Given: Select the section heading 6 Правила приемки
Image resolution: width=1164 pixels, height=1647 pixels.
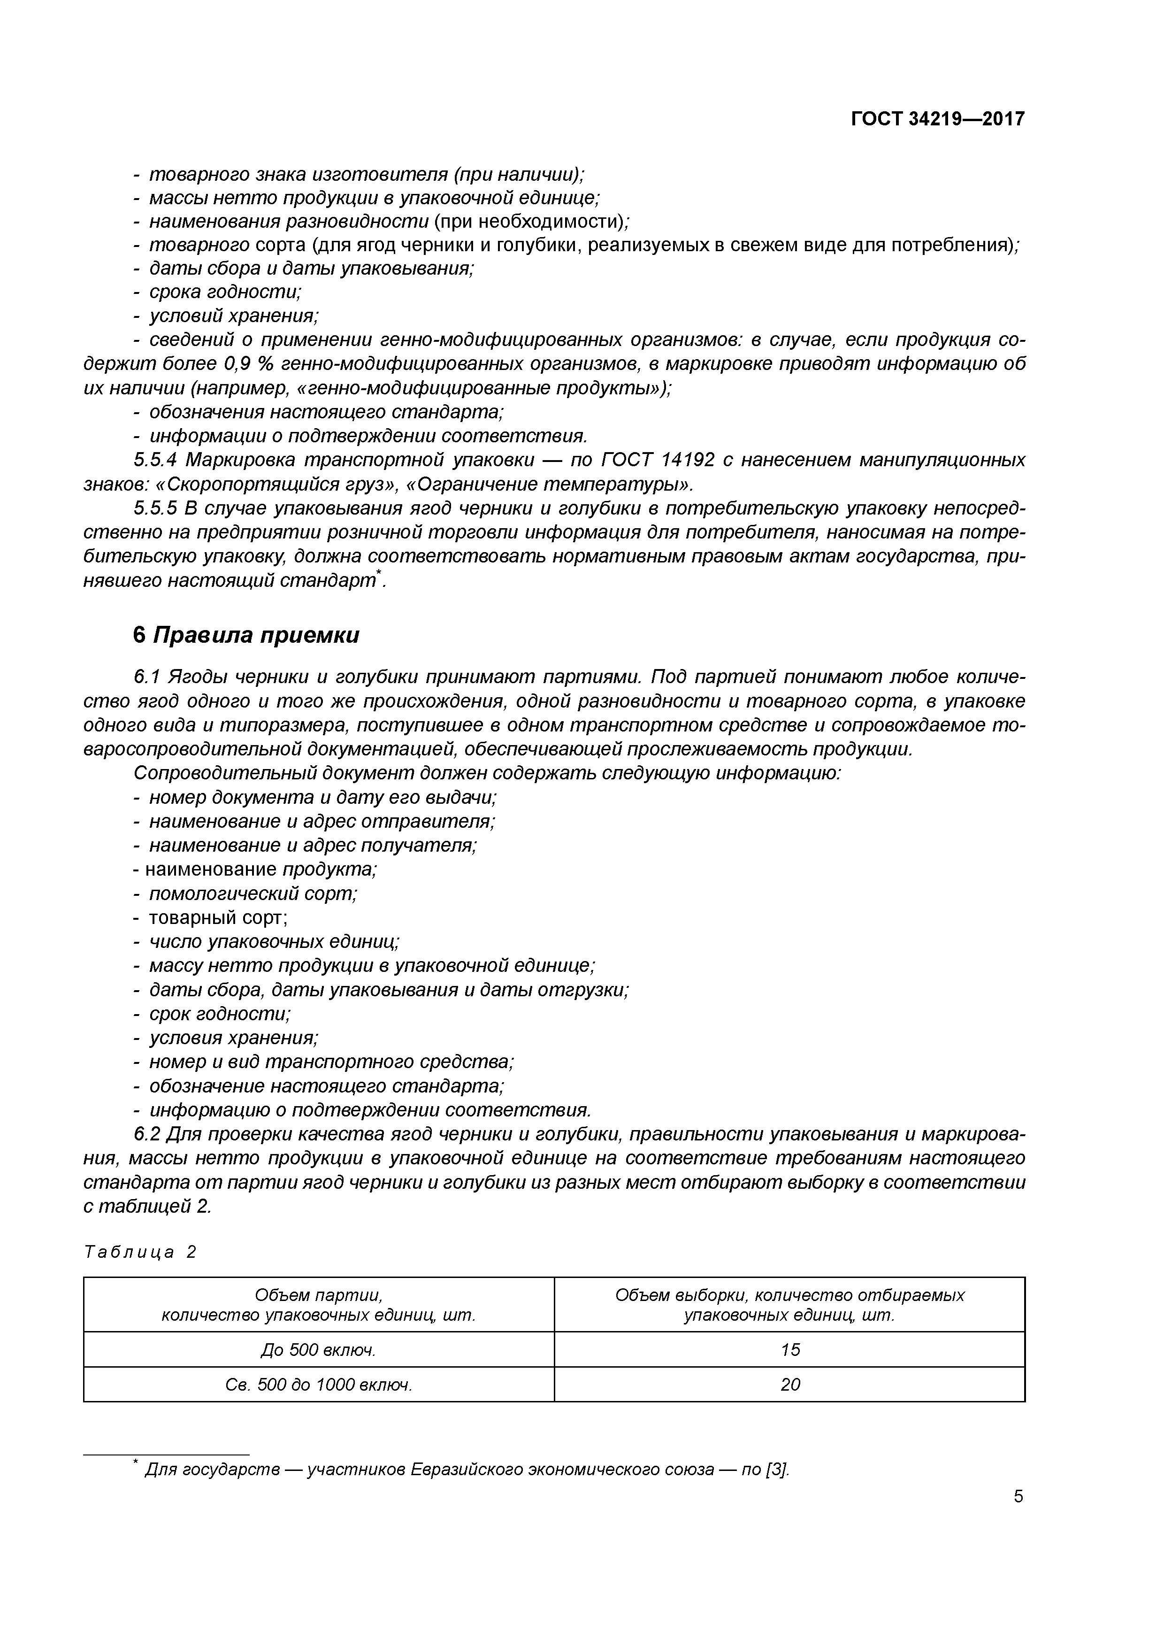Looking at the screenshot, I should [246, 636].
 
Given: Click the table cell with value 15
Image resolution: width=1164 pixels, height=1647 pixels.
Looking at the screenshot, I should [789, 1350].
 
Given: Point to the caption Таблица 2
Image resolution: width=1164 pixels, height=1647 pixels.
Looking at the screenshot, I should [140, 1252].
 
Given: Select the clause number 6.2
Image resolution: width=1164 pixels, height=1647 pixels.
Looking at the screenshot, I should [146, 1134].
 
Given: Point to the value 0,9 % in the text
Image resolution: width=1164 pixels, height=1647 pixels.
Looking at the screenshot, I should [250, 364].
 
